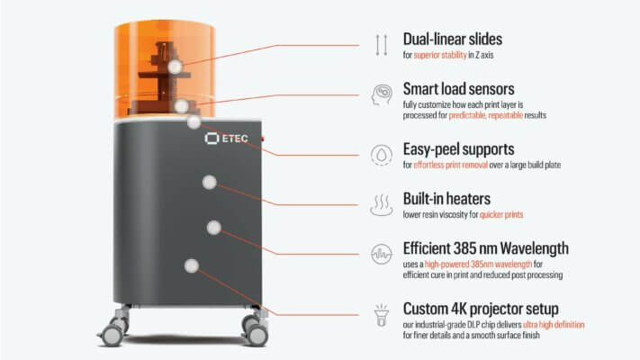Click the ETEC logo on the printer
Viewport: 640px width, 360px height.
tap(226, 139)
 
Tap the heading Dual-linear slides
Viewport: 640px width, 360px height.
tap(452, 40)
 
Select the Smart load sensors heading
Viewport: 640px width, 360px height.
tap(458, 89)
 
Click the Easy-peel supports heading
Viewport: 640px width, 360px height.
tap(458, 149)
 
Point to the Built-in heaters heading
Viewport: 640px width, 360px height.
tap(446, 199)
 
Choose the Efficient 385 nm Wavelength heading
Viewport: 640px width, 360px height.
tap(486, 248)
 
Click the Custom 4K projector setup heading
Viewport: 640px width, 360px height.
tap(481, 309)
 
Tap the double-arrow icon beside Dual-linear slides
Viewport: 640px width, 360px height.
tap(382, 45)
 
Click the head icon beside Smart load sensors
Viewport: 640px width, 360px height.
tap(382, 95)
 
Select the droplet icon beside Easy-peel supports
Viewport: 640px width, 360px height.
tap(382, 155)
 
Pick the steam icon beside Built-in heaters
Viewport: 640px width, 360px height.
tap(382, 205)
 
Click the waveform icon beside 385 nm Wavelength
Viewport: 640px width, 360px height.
tap(382, 254)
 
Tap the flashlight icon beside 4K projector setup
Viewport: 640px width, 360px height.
tap(382, 315)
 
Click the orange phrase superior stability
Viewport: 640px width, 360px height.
tap(440, 55)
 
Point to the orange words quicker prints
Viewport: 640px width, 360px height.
tap(501, 215)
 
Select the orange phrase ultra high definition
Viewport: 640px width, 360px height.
tap(554, 325)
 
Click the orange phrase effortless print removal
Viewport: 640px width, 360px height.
tap(451, 165)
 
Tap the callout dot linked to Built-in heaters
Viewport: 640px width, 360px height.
tap(210, 183)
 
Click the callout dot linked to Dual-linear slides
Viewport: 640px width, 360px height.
tap(176, 67)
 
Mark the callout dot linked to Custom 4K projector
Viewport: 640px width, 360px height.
tap(192, 265)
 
